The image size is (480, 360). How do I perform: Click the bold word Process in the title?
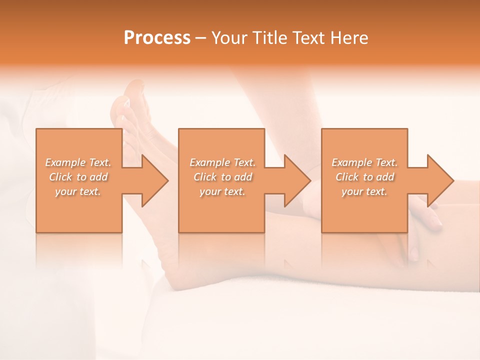click(x=157, y=38)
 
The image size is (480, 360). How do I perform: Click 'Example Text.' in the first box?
click(x=78, y=162)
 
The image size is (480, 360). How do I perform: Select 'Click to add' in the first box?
click(x=78, y=177)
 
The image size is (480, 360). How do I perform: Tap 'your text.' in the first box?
click(x=78, y=191)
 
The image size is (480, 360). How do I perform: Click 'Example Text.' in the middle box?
click(x=222, y=162)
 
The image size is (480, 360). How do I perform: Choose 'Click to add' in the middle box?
click(x=222, y=177)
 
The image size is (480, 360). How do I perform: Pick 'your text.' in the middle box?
click(x=222, y=191)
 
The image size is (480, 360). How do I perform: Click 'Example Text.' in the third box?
click(x=364, y=162)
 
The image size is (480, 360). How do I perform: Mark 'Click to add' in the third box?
click(x=364, y=177)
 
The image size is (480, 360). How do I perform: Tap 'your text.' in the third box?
click(x=364, y=191)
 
